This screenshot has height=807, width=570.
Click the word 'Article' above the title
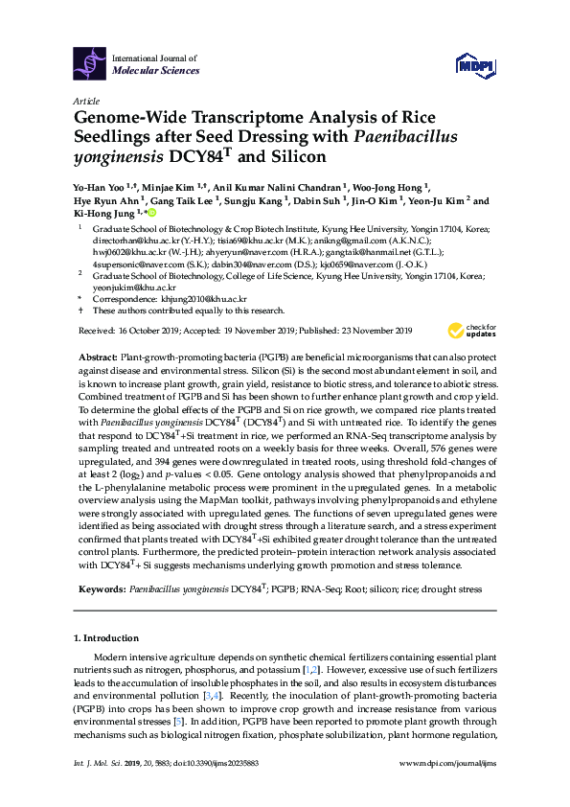click(86, 100)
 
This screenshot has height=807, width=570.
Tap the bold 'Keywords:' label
click(102, 590)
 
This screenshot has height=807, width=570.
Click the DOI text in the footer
click(229, 789)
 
